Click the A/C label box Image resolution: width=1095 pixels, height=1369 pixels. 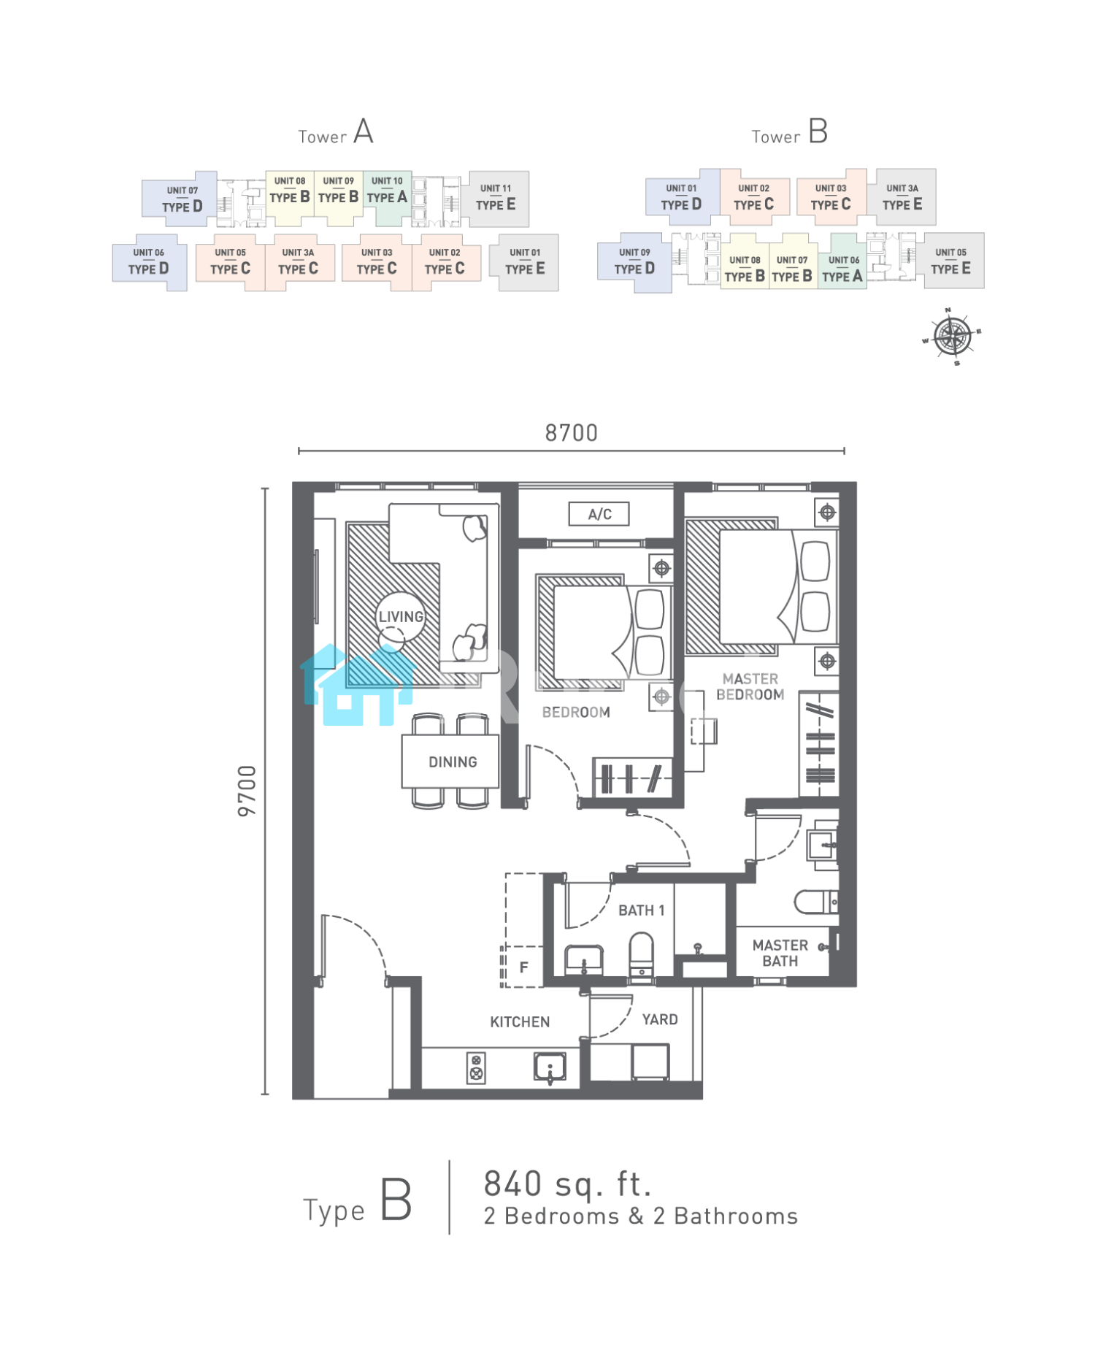coord(599,514)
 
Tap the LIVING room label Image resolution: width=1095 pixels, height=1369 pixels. coord(401,617)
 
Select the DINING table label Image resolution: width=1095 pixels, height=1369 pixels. coord(453,762)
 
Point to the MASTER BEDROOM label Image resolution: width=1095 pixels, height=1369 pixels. coord(750,687)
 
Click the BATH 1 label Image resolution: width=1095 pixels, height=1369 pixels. coord(642,910)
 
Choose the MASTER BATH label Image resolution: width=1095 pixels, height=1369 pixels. coord(780,954)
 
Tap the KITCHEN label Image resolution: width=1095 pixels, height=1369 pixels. coord(520,1022)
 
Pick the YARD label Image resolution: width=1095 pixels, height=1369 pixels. coord(660,1020)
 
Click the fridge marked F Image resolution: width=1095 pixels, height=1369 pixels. coord(523,967)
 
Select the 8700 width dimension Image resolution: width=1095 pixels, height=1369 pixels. coord(572,433)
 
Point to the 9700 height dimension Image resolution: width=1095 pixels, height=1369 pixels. coord(247,791)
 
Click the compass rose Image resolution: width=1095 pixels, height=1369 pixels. coord(952,337)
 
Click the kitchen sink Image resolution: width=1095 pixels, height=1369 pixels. coord(550,1067)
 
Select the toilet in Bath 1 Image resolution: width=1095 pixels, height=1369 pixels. coord(642,954)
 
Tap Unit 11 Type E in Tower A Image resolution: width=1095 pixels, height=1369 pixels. coord(496,199)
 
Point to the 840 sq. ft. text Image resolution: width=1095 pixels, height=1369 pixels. coord(568,1184)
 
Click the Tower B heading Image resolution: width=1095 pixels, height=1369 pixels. coord(790,132)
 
